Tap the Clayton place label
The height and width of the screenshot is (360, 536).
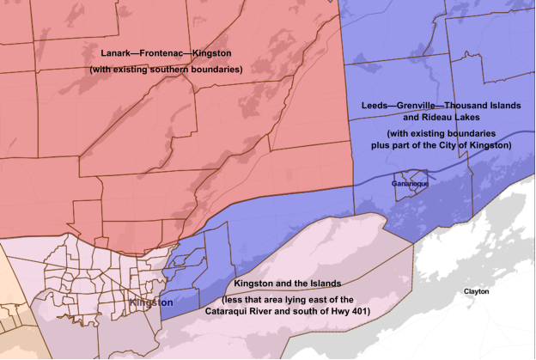(x=476, y=291)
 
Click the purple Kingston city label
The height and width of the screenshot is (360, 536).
(x=151, y=303)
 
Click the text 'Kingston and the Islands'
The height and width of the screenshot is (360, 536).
(x=288, y=284)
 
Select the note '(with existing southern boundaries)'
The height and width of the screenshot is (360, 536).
(x=165, y=69)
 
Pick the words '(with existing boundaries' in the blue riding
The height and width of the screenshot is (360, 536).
(x=436, y=134)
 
